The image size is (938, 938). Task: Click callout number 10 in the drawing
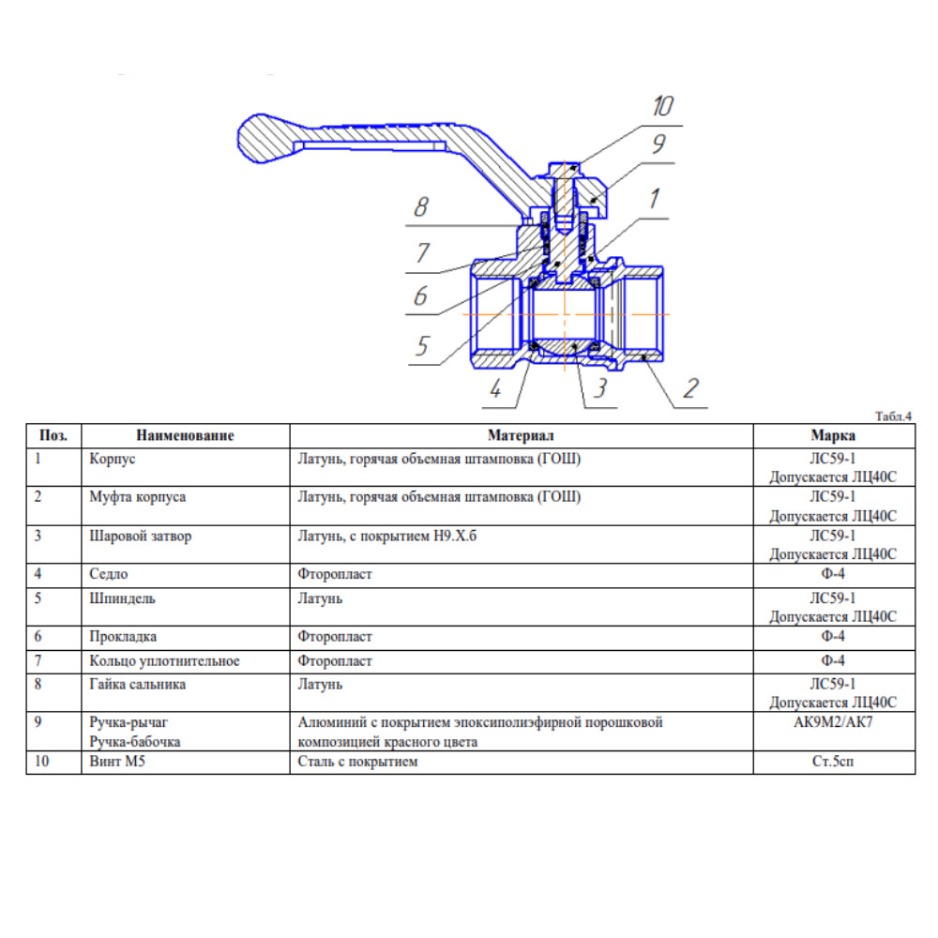663,106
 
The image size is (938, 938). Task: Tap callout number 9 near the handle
658,144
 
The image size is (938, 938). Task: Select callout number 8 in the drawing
421,207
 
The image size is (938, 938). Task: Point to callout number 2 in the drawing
691,388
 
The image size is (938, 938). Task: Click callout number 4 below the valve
495,389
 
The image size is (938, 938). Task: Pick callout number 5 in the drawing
423,346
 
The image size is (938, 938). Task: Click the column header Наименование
185,435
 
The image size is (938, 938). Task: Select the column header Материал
521,435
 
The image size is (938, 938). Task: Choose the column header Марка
833,435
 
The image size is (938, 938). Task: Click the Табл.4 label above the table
893,416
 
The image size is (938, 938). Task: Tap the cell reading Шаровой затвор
141,536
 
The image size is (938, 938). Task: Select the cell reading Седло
108,574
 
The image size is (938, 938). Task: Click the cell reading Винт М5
117,762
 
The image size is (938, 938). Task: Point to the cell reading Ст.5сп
833,762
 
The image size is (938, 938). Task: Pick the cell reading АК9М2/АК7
833,722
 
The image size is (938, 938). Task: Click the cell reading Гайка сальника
138,685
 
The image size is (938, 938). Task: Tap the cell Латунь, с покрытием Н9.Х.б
387,536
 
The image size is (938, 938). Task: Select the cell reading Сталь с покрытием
357,762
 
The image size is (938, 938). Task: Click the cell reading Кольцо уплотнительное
164,661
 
